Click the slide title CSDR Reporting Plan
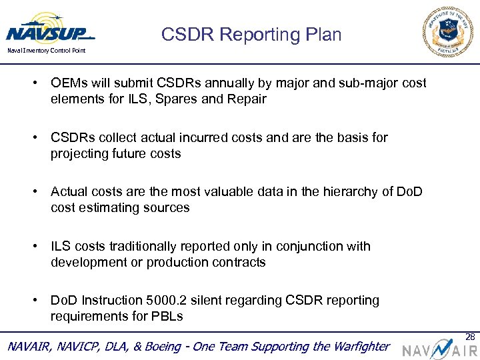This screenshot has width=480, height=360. click(x=251, y=35)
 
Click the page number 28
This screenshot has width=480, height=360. click(x=469, y=336)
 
